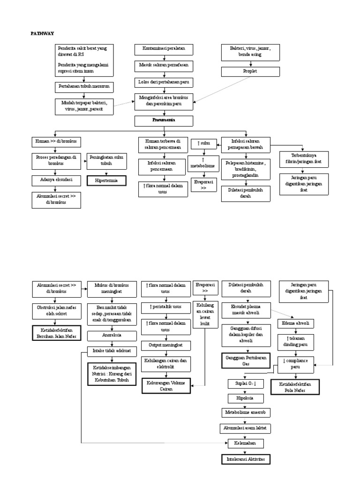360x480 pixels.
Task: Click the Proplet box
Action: pyautogui.click(x=250, y=71)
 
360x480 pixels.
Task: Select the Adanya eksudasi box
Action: pyautogui.click(x=56, y=180)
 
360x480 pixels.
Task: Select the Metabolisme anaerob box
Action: pyautogui.click(x=246, y=412)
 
